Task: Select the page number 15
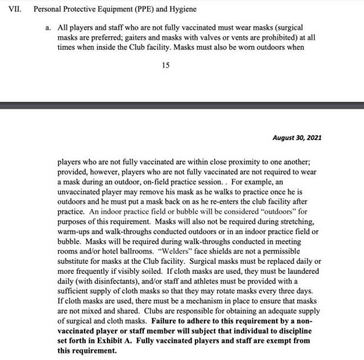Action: [x=166, y=65]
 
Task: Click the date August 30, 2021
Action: [x=297, y=138]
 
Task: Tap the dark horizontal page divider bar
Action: [x=182, y=105]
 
